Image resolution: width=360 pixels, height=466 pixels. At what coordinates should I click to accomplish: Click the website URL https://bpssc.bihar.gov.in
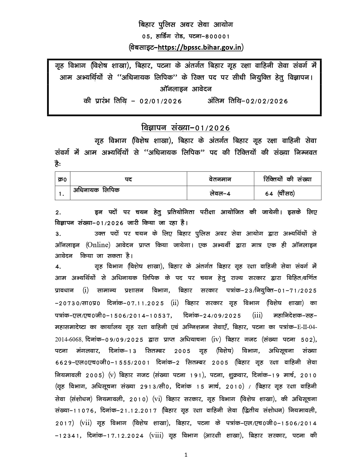[200, 47]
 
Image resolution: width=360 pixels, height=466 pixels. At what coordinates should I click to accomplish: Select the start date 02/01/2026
[160, 101]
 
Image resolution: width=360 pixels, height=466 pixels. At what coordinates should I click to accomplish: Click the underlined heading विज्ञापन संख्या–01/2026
[186, 128]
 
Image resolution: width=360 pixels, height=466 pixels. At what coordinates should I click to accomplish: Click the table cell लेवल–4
[220, 193]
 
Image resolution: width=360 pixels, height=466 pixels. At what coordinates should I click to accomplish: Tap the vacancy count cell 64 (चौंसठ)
[280, 193]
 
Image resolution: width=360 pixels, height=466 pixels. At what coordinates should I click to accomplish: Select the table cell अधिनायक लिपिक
[96, 190]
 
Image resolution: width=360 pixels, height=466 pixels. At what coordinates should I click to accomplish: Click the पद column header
[128, 179]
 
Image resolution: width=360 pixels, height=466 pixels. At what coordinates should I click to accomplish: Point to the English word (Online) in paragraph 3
[98, 245]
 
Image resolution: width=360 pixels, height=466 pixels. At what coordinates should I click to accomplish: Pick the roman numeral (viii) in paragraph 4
[156, 435]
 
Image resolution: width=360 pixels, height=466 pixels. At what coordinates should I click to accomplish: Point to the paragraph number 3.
[58, 234]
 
